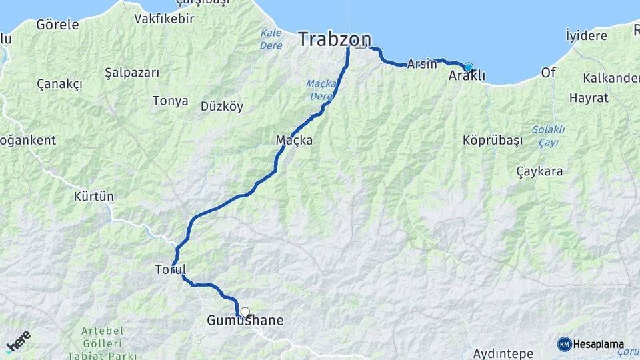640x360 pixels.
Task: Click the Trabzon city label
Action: pos(334,39)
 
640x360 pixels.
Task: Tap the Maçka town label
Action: pos(294,141)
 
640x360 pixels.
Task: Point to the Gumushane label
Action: pos(245,321)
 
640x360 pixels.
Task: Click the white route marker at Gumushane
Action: pos(245,311)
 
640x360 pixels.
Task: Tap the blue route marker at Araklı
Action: pos(468,67)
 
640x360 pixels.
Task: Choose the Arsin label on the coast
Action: pos(421,65)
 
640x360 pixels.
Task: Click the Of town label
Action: pos(548,72)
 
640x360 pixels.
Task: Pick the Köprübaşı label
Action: pos(491,141)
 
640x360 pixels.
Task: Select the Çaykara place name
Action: pos(539,171)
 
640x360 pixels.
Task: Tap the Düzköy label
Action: pos(222,106)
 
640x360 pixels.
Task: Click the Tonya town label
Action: pos(171,101)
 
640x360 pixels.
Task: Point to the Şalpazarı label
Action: pos(132,72)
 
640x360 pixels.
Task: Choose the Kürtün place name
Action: pos(94,197)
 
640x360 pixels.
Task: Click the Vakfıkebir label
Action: pos(164,19)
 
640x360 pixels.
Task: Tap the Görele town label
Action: pos(57,25)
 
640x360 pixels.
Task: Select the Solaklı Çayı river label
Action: pos(548,135)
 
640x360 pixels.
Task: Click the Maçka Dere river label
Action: pos(321,90)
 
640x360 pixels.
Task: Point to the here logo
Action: pos(18,341)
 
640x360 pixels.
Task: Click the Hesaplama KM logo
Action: pos(591,345)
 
